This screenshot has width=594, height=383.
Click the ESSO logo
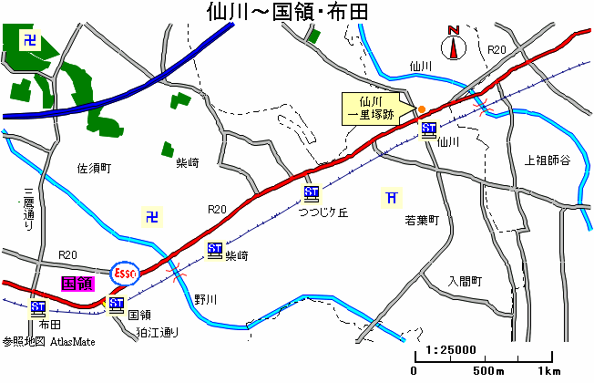[x=124, y=272]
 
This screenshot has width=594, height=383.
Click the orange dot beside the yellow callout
[x=422, y=110]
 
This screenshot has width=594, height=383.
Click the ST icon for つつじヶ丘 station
[x=312, y=192]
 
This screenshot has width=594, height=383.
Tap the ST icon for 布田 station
[x=38, y=307]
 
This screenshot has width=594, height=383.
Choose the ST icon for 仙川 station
[x=429, y=129]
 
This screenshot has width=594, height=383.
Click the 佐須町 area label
[x=93, y=169]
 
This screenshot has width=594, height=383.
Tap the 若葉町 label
[x=422, y=221]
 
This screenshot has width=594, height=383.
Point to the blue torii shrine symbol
[x=391, y=198]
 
